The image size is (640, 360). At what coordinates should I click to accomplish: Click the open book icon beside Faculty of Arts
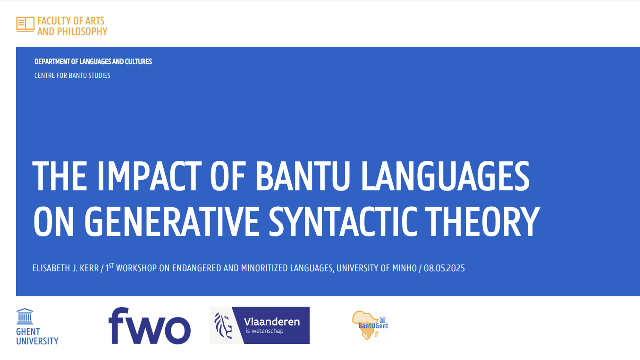tap(25, 25)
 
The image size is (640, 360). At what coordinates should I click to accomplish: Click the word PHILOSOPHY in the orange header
tap(82, 32)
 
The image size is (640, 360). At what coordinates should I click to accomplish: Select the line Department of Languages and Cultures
tap(93, 61)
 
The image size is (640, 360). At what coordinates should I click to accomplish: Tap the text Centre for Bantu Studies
tap(72, 75)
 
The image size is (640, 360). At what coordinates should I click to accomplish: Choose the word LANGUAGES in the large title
tap(446, 176)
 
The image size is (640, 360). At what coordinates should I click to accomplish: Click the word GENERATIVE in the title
tap(172, 221)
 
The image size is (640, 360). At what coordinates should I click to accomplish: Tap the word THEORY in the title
tap(483, 221)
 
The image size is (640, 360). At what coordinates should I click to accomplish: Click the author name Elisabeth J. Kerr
tap(66, 268)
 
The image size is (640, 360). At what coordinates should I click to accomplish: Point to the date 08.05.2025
tap(444, 268)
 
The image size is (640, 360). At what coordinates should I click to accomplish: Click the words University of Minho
tap(377, 268)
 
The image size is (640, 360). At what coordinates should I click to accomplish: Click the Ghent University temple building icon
tap(25, 316)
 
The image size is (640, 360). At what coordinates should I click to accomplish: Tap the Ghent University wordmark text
tap(37, 336)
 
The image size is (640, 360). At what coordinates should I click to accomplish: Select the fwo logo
tap(150, 326)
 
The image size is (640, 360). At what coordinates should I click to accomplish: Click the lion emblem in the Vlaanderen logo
tap(223, 326)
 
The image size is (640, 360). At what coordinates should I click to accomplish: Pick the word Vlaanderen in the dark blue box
tap(272, 322)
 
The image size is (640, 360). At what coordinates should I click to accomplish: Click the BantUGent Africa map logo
tap(371, 326)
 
